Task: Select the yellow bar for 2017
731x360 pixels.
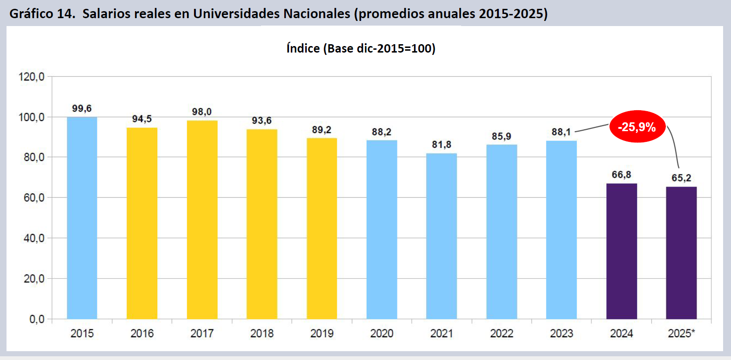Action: click(202, 220)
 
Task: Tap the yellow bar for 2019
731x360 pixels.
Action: click(322, 228)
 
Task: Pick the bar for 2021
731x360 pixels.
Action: click(442, 236)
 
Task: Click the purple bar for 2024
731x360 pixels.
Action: click(622, 251)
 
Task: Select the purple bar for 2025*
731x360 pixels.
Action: click(681, 253)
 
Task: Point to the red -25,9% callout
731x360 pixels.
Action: click(637, 127)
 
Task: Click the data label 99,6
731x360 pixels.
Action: click(82, 108)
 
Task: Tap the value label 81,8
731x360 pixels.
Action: click(442, 145)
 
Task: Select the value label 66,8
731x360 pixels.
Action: click(622, 175)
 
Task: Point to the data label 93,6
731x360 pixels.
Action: click(262, 120)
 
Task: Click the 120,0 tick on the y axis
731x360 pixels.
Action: click(32, 77)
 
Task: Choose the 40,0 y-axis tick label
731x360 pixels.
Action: click(34, 238)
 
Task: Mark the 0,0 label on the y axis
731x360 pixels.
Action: click(37, 319)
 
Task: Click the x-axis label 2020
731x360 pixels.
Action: click(382, 333)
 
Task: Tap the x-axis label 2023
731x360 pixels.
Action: click(562, 333)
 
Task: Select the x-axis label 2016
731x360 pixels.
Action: click(142, 333)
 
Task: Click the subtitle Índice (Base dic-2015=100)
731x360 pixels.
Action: click(361, 48)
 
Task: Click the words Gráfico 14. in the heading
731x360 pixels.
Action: click(42, 14)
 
